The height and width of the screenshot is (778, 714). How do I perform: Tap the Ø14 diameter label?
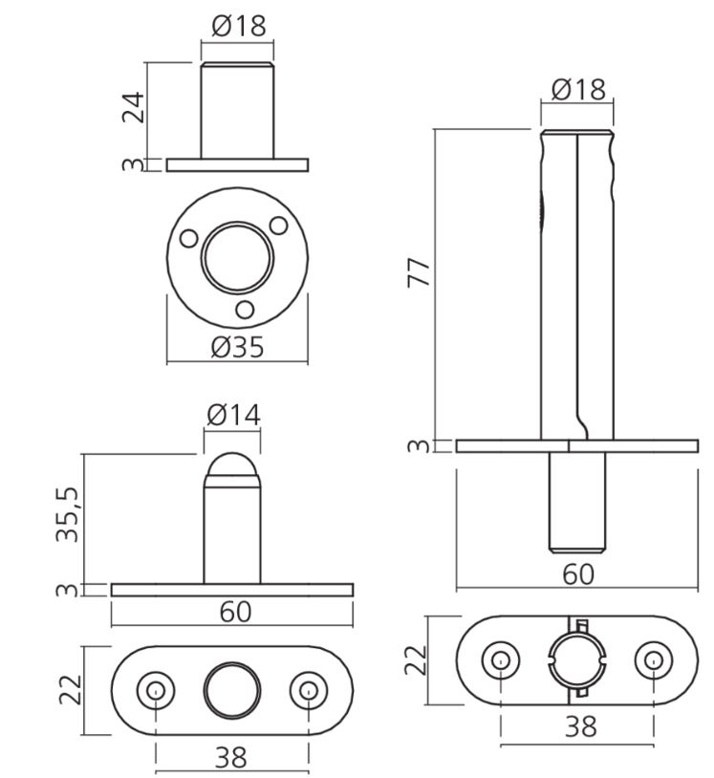(x=233, y=415)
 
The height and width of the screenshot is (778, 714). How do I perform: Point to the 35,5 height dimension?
(x=67, y=515)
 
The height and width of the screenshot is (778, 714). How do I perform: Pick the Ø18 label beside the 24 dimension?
(x=238, y=26)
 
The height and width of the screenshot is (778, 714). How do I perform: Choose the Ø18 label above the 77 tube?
(x=578, y=89)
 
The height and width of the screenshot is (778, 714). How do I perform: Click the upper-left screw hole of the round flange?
(x=190, y=237)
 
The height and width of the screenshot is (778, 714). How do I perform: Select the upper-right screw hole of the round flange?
(x=279, y=226)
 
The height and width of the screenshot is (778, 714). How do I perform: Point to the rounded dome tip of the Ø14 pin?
(x=232, y=467)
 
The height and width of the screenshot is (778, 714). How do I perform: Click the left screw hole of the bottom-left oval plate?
(x=156, y=690)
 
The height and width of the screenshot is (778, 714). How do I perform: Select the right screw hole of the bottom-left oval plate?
(x=308, y=690)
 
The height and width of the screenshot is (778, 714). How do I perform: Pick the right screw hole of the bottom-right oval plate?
(x=654, y=659)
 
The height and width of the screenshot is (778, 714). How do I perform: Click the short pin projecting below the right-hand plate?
(x=576, y=501)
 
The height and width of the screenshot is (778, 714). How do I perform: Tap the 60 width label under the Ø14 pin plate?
(x=235, y=613)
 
